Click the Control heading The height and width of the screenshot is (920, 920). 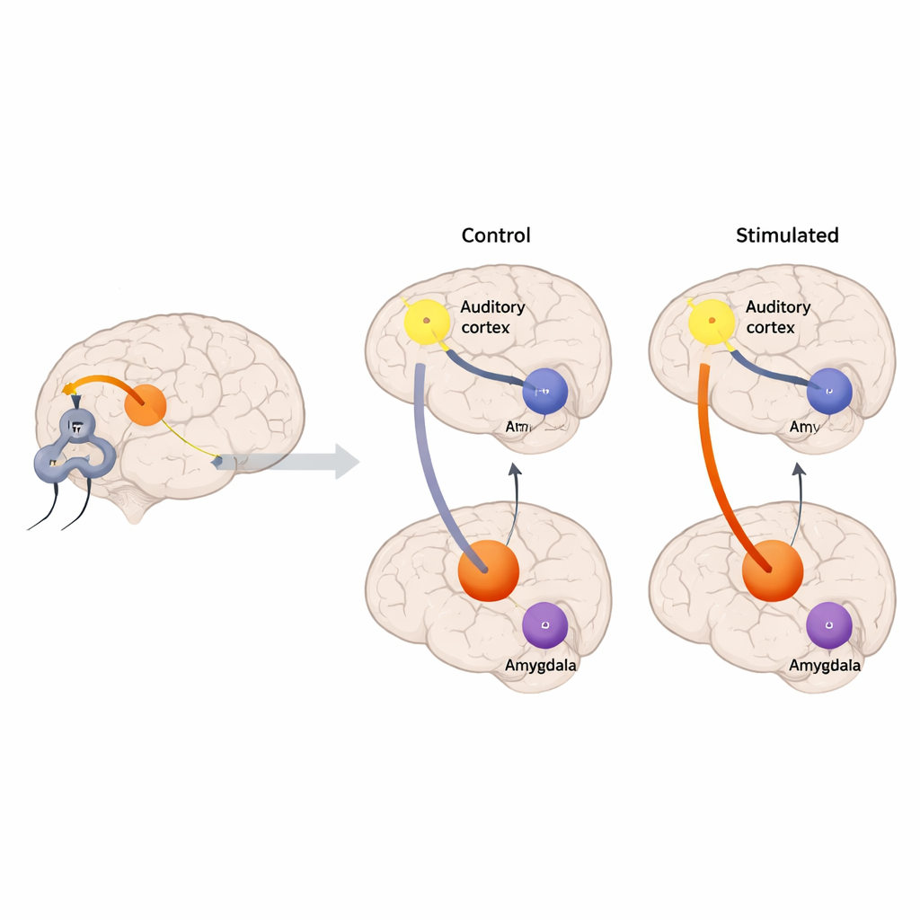496,235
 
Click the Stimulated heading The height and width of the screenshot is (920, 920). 787,235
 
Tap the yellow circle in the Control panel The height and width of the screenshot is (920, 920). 427,321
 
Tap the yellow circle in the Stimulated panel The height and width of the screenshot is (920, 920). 712,321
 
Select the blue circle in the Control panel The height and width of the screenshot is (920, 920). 544,392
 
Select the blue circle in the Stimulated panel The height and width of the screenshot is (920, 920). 828,392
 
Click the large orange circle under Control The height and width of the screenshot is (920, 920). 489,570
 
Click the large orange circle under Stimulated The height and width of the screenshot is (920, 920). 773,570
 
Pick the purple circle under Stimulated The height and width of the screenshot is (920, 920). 828,625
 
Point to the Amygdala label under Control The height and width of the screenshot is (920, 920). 541,666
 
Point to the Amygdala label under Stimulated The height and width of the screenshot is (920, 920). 825,666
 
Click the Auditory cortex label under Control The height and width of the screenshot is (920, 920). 492,317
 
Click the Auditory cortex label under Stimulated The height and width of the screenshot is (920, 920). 778,317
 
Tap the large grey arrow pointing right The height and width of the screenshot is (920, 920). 296,462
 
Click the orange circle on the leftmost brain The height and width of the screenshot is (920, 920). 146,404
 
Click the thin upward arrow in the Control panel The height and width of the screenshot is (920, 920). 515,503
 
